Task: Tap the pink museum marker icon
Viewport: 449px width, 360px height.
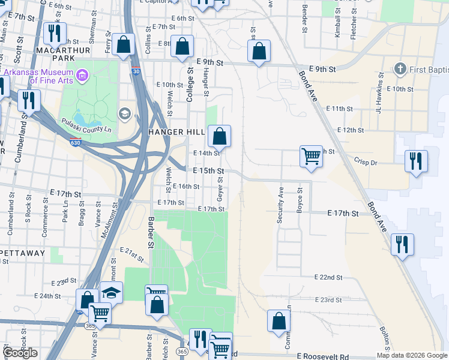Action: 83,76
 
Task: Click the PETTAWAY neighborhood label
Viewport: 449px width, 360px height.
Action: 22,253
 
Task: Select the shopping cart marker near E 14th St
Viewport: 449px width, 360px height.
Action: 312,156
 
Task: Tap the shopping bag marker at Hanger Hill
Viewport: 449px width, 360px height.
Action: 220,136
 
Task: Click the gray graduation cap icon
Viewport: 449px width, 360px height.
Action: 125,113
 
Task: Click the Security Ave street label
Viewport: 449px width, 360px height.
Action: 280,206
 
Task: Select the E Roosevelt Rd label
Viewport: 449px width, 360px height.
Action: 322,356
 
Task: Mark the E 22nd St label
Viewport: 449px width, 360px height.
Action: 328,278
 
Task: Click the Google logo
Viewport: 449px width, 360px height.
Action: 20,353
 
